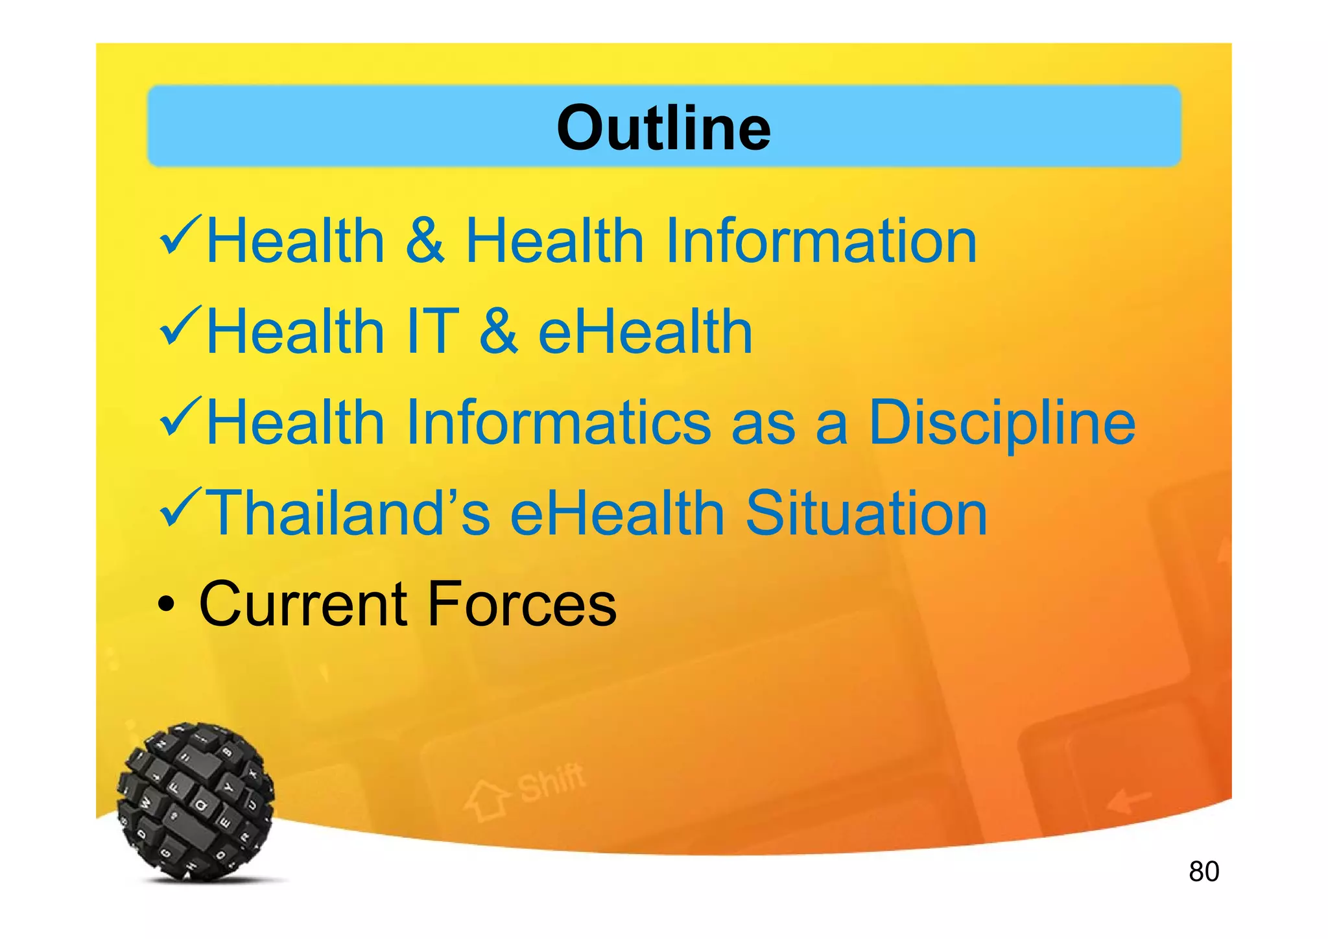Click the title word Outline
point(663,128)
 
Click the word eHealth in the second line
point(645,331)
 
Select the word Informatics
point(558,422)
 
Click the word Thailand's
point(348,513)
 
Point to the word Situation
point(866,513)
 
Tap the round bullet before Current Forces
point(167,606)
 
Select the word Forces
point(522,604)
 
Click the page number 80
point(1203,872)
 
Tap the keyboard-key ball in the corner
point(196,802)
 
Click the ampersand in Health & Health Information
point(425,241)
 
